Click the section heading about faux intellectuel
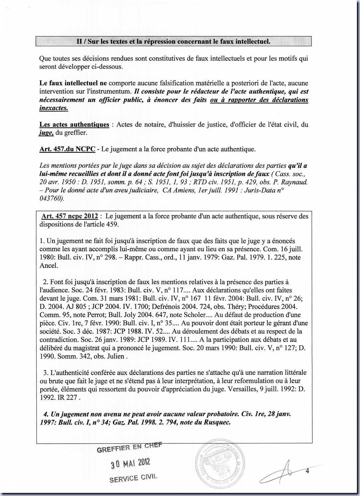173,41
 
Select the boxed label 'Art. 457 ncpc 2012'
70,216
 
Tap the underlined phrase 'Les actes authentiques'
74,124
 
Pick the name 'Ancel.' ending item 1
49,266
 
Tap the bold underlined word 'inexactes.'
54,108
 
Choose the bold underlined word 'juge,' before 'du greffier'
47,133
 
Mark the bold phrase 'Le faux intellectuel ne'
73,83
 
